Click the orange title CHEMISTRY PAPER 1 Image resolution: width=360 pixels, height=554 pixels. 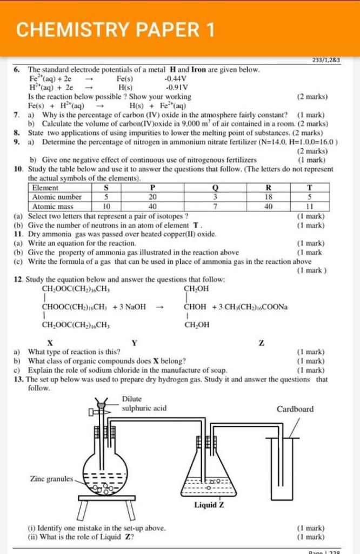click(115, 30)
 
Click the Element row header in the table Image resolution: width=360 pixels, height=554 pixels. click(45, 188)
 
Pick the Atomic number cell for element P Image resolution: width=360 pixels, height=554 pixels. click(152, 197)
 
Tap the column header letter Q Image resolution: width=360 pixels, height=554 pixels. click(215, 188)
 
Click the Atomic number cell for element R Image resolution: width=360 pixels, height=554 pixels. click(269, 197)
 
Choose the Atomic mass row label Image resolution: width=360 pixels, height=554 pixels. click(53, 206)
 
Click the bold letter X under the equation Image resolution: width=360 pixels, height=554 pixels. click(50, 342)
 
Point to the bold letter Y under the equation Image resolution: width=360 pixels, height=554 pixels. click(134, 342)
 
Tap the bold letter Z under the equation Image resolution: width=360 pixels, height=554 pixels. click(262, 342)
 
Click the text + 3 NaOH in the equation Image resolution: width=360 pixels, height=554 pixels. click(130, 307)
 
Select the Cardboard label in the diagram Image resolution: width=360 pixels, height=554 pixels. click(295, 409)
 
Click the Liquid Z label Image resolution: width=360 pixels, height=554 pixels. click(209, 505)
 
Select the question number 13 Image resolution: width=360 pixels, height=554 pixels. click(18, 379)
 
